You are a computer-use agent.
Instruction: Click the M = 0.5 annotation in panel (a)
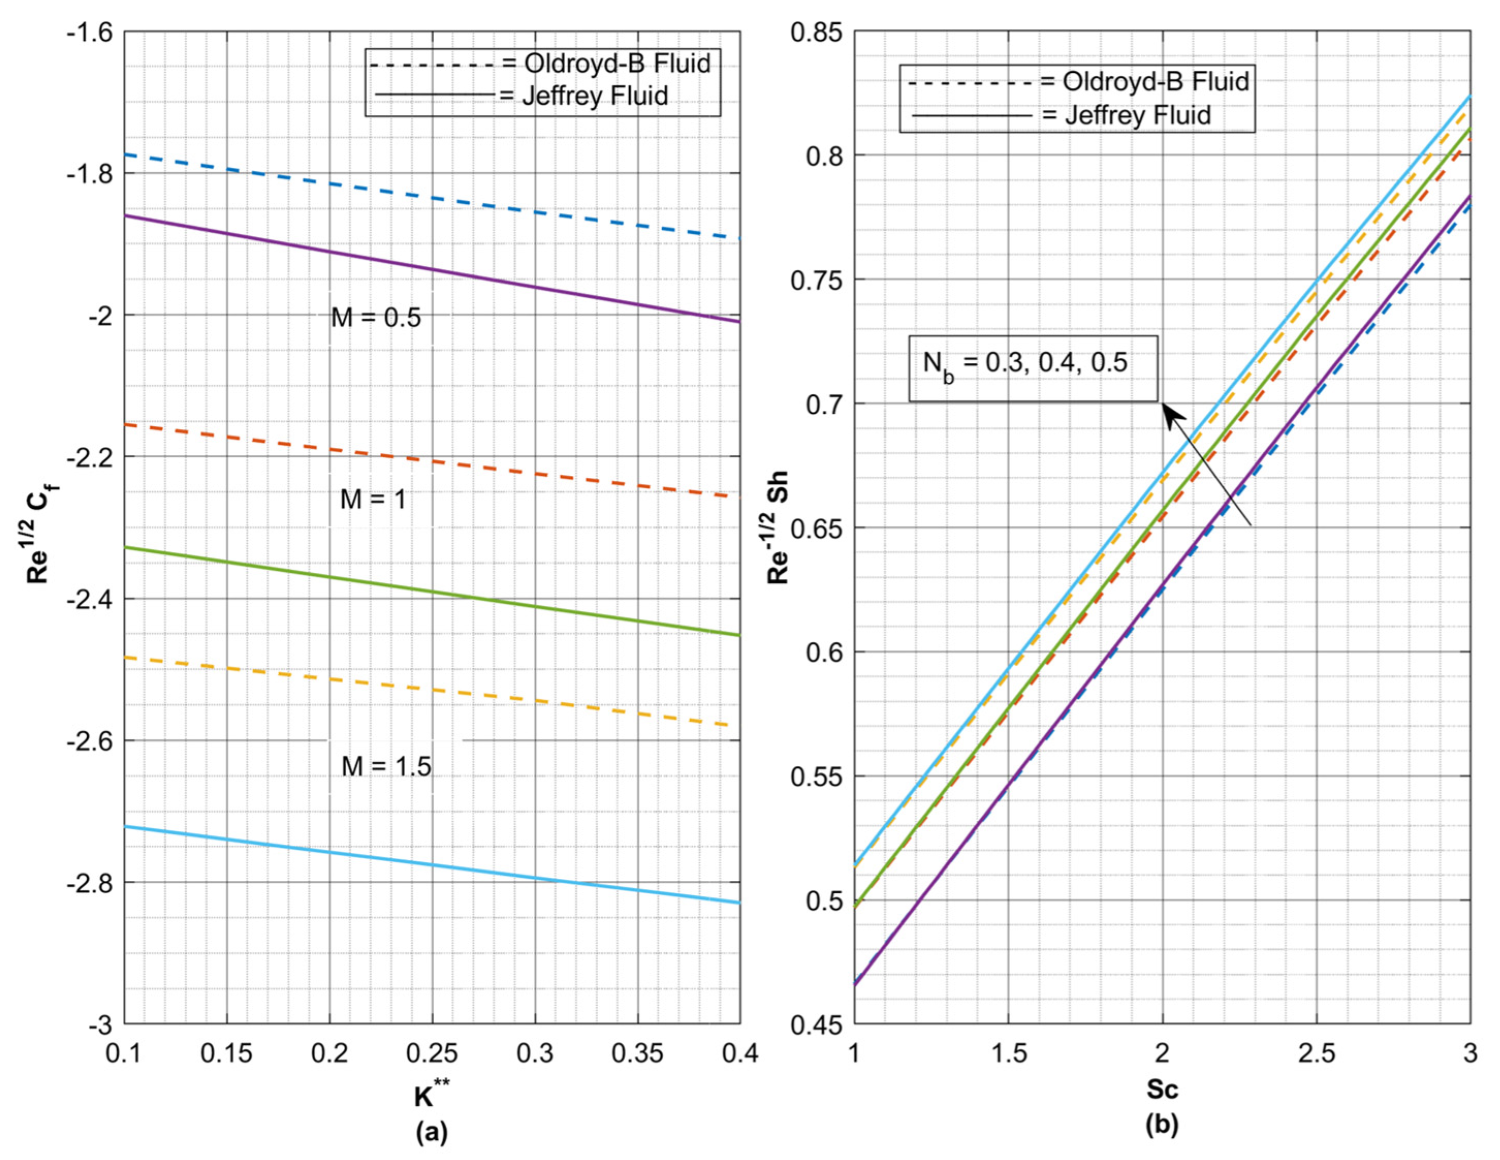(376, 318)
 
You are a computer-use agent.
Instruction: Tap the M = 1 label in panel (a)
(373, 500)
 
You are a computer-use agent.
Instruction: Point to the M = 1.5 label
(386, 766)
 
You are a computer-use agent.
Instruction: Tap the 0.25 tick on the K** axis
(432, 1053)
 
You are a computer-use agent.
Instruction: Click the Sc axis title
(1162, 1089)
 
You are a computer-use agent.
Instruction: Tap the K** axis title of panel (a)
(432, 1096)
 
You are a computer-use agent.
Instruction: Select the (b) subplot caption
(1162, 1125)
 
